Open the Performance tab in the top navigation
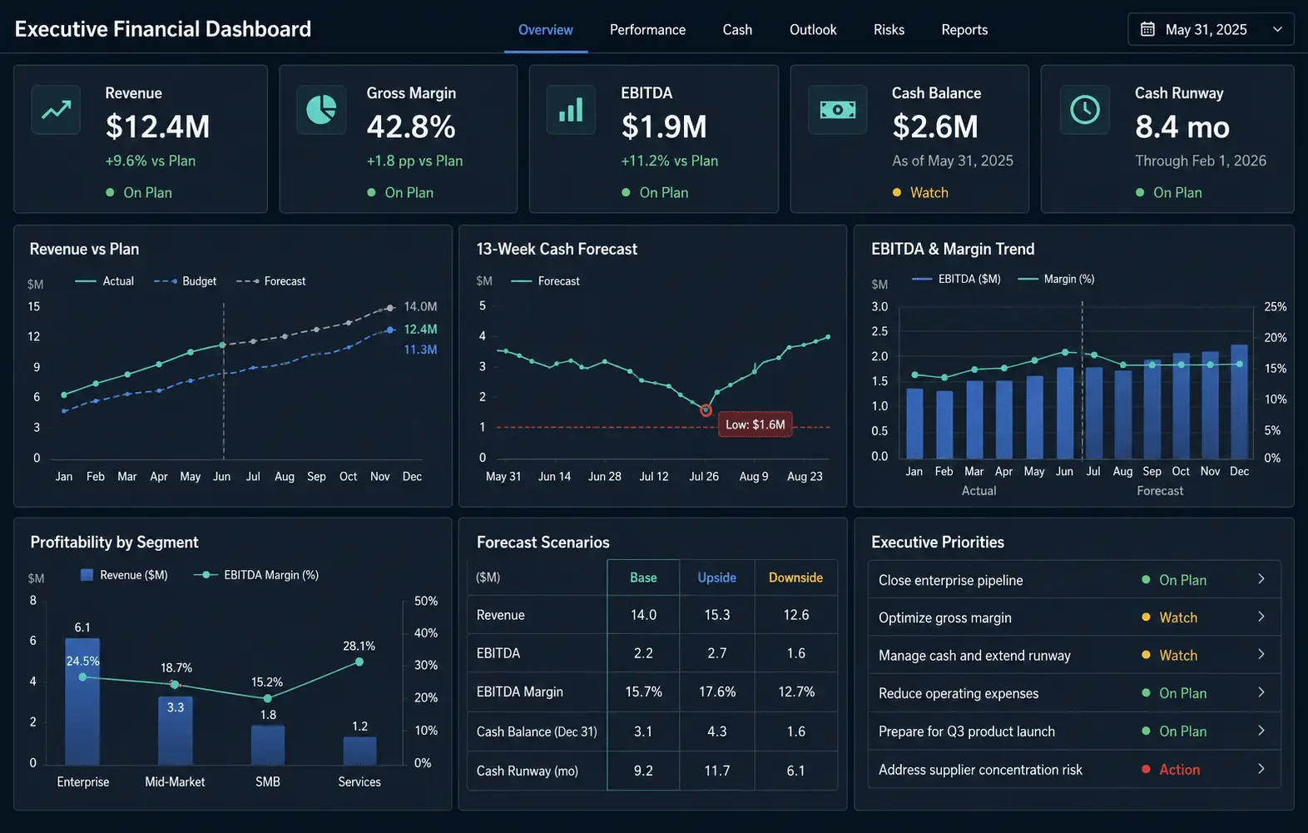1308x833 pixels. (x=647, y=30)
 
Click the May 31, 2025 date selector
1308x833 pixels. (x=1211, y=29)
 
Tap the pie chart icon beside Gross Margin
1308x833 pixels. (x=321, y=110)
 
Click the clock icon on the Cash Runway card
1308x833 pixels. (x=1085, y=110)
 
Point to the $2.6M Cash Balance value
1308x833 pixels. (x=935, y=126)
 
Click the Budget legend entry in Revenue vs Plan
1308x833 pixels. (x=185, y=281)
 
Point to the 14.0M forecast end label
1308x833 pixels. (x=420, y=307)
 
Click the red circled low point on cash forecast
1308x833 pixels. (x=706, y=410)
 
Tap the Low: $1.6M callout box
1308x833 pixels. (x=755, y=424)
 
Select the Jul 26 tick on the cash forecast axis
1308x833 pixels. (x=704, y=476)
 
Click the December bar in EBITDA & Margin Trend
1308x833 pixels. (x=1239, y=401)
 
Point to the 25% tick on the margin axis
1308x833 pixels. (x=1276, y=307)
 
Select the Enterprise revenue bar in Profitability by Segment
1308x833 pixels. (x=82, y=702)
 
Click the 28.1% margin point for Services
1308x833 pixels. (x=359, y=662)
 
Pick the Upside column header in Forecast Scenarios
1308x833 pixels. (x=717, y=578)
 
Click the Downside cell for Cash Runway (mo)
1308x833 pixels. (x=796, y=771)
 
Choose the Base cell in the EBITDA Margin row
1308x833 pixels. (x=643, y=692)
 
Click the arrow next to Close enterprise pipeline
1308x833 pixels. (x=1261, y=579)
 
